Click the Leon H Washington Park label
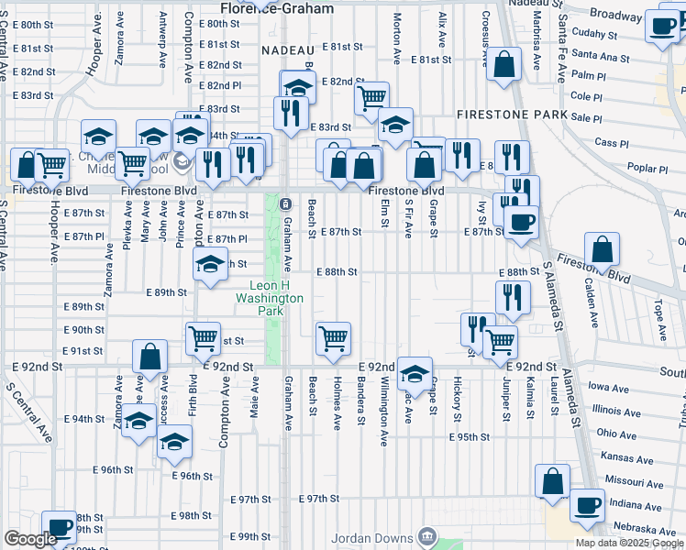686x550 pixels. tap(270, 298)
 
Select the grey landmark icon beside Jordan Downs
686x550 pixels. tap(426, 535)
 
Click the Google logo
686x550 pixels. tap(30, 539)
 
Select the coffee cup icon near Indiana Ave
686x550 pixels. tap(587, 505)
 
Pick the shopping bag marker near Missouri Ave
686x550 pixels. tap(553, 481)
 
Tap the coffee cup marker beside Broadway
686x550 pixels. tap(662, 27)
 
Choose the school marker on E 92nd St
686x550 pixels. tap(415, 373)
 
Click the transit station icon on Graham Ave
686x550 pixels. tap(285, 203)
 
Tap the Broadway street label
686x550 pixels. tap(615, 15)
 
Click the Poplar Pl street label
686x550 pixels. tap(648, 169)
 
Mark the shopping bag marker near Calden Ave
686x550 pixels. tap(602, 251)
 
